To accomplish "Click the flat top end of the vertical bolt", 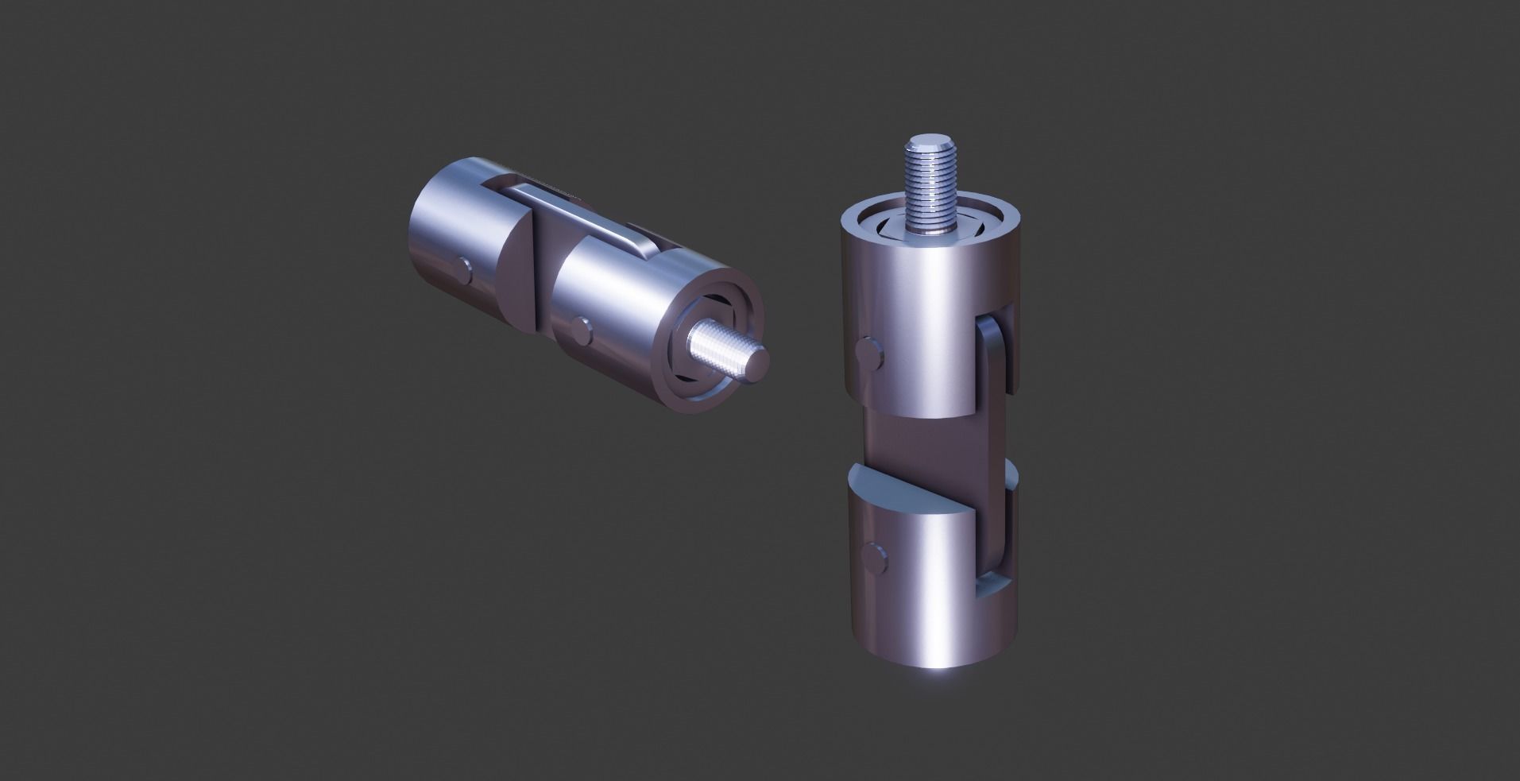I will [928, 146].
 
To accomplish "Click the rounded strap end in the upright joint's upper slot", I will [994, 350].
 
